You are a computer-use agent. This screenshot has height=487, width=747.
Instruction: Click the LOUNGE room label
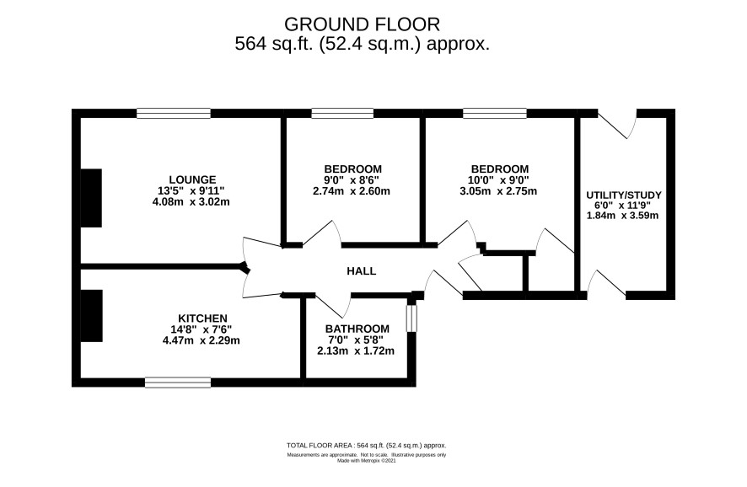pos(192,179)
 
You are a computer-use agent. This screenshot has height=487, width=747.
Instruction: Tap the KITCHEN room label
pos(202,318)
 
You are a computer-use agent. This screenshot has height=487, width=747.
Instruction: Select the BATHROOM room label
pos(357,329)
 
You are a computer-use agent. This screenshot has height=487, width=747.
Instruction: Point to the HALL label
pos(362,271)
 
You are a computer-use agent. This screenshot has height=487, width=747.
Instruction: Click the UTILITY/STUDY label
pos(624,195)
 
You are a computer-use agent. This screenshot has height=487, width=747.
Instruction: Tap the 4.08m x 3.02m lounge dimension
pos(191,202)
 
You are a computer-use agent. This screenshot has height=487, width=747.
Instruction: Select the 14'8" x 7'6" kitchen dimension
pos(201,329)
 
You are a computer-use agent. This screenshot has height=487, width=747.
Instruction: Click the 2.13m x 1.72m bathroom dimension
pos(356,351)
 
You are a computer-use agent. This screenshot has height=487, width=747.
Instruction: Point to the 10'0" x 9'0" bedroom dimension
pos(498,180)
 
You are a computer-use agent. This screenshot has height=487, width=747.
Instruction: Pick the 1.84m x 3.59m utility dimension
pos(623,216)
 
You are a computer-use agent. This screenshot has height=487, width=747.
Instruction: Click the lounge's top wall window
pos(174,113)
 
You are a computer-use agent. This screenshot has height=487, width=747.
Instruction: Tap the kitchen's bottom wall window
pos(178,383)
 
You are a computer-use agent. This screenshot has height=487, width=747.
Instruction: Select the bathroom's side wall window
pos(411,318)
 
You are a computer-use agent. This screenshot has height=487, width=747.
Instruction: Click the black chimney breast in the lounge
pos(91,197)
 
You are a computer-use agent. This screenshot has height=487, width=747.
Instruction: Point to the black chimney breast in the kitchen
pos(91,316)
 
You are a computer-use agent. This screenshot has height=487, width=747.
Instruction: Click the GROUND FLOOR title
pos(362,24)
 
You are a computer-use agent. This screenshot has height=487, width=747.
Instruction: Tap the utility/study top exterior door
pos(618,124)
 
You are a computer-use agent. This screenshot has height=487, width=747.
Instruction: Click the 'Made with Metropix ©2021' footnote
pos(367,461)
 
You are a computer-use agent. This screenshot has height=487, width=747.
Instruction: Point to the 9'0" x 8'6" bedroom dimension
pos(352,180)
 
